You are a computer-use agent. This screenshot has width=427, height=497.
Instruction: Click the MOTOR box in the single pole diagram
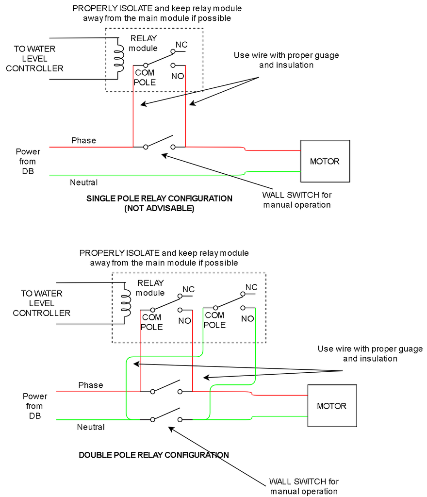(x=325, y=161)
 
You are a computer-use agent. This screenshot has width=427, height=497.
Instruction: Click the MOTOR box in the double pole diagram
(x=332, y=406)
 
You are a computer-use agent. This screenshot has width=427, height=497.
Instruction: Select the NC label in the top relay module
(x=181, y=45)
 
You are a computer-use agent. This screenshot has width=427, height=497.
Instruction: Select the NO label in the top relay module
(x=178, y=76)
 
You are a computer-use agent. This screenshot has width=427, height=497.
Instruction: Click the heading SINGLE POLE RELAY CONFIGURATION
(x=159, y=199)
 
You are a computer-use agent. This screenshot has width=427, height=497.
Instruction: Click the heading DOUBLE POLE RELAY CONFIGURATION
(x=154, y=455)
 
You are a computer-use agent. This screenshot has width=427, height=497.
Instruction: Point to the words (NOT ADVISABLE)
(x=159, y=208)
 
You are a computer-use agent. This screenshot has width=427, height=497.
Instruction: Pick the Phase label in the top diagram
(x=83, y=140)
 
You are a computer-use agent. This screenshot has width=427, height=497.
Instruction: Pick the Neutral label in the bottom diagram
(x=91, y=427)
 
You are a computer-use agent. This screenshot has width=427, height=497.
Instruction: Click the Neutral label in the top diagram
(x=83, y=182)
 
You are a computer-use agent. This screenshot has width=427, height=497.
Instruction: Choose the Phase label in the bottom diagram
(x=91, y=385)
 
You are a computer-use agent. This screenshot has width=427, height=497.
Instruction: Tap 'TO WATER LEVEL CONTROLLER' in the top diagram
(x=34, y=59)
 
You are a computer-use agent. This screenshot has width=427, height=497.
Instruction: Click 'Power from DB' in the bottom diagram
(x=35, y=406)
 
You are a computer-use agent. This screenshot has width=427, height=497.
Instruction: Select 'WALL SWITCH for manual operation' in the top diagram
(x=297, y=199)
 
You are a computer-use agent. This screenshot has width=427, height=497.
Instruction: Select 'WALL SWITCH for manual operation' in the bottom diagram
(x=304, y=486)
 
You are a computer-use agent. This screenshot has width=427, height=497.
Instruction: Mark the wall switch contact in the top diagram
(x=159, y=142)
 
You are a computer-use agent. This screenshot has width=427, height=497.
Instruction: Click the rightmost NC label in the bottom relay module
(x=251, y=287)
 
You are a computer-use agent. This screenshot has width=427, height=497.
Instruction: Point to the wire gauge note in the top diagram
(x=286, y=60)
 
